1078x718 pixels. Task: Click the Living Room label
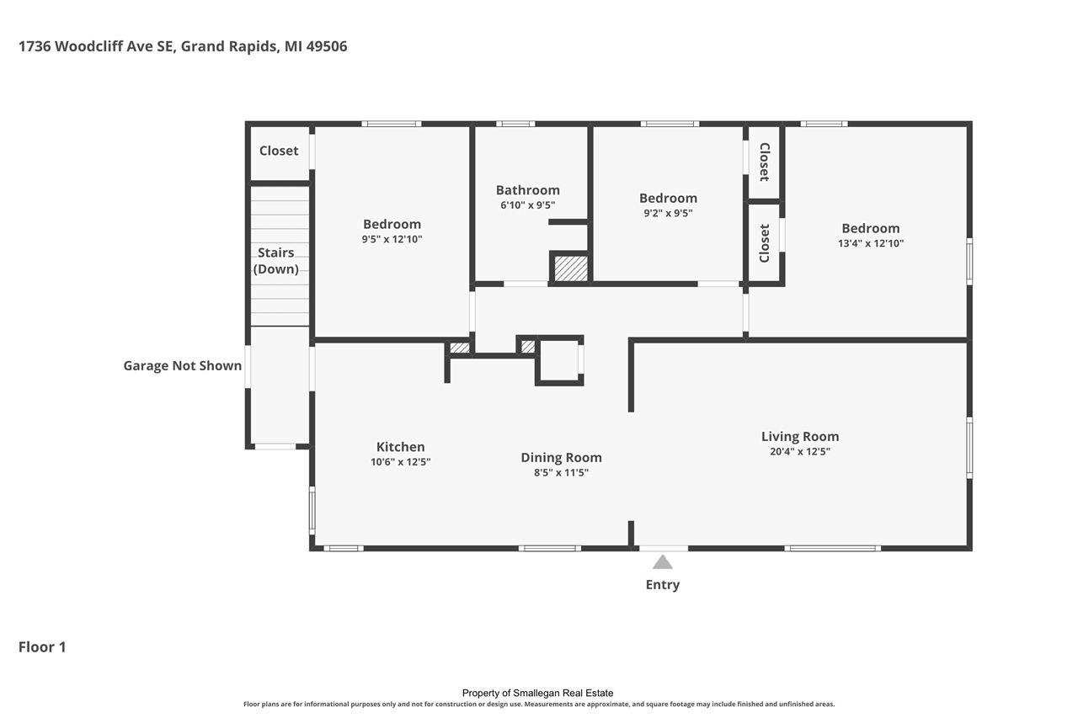coord(800,437)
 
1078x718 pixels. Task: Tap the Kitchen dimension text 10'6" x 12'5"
coord(400,462)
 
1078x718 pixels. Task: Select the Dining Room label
coord(561,458)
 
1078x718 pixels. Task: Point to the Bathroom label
coord(528,190)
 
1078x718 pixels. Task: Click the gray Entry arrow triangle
coord(663,561)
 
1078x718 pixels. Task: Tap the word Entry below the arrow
coord(663,585)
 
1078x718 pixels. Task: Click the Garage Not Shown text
coord(183,365)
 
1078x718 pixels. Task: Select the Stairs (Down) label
coord(275,261)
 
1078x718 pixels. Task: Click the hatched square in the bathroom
coord(571,269)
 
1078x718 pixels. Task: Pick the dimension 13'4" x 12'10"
coord(871,243)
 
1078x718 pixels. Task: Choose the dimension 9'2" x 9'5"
coord(668,213)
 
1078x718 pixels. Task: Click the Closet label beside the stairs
coord(279,151)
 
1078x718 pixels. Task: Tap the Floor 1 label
coord(42,646)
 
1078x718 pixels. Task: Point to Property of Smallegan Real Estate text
coord(537,693)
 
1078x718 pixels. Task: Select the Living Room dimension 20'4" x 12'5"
coord(800,451)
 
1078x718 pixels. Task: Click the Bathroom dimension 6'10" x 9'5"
coord(528,205)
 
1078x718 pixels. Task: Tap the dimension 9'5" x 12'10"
coord(392,239)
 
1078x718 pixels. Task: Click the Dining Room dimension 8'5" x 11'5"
coord(561,473)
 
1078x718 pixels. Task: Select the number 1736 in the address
coord(35,46)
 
